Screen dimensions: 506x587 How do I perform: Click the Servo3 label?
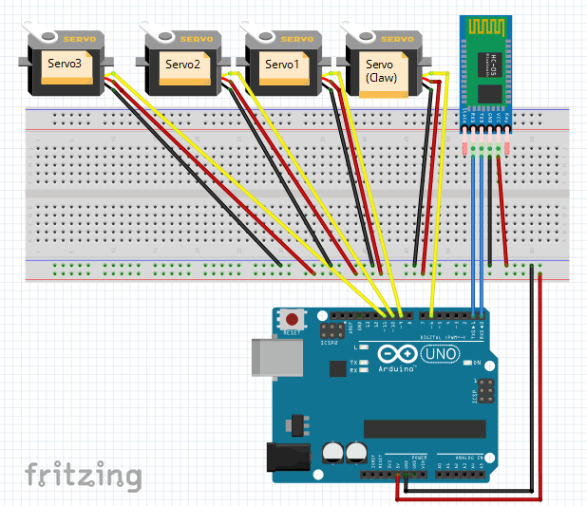point(65,64)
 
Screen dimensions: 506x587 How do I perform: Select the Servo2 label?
point(182,64)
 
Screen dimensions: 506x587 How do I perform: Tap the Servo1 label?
point(282,64)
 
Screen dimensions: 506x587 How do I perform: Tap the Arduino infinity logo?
point(393,354)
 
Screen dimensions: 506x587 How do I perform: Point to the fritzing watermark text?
point(84,475)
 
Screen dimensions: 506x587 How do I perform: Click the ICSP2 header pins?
point(332,331)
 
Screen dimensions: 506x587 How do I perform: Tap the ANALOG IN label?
point(460,456)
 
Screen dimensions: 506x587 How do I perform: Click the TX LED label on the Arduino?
point(353,363)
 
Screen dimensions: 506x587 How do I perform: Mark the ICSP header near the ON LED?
point(484,391)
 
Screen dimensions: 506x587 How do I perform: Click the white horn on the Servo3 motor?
point(35,37)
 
